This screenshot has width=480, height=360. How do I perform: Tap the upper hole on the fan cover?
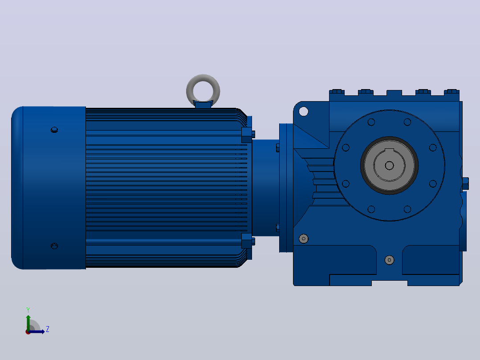tap(54, 130)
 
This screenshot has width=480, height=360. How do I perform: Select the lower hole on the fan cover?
tap(54, 246)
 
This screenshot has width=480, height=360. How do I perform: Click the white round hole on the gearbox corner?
tap(303, 111)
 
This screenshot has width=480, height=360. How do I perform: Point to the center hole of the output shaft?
tap(389, 166)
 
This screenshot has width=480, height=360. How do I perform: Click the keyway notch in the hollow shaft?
tap(389, 151)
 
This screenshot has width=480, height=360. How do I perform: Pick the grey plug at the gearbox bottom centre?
tap(389, 260)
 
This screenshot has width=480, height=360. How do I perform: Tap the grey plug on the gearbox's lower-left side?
tap(303, 239)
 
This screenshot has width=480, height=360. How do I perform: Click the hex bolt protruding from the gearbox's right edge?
tap(465, 184)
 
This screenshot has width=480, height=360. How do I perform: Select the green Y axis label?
tap(28, 310)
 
